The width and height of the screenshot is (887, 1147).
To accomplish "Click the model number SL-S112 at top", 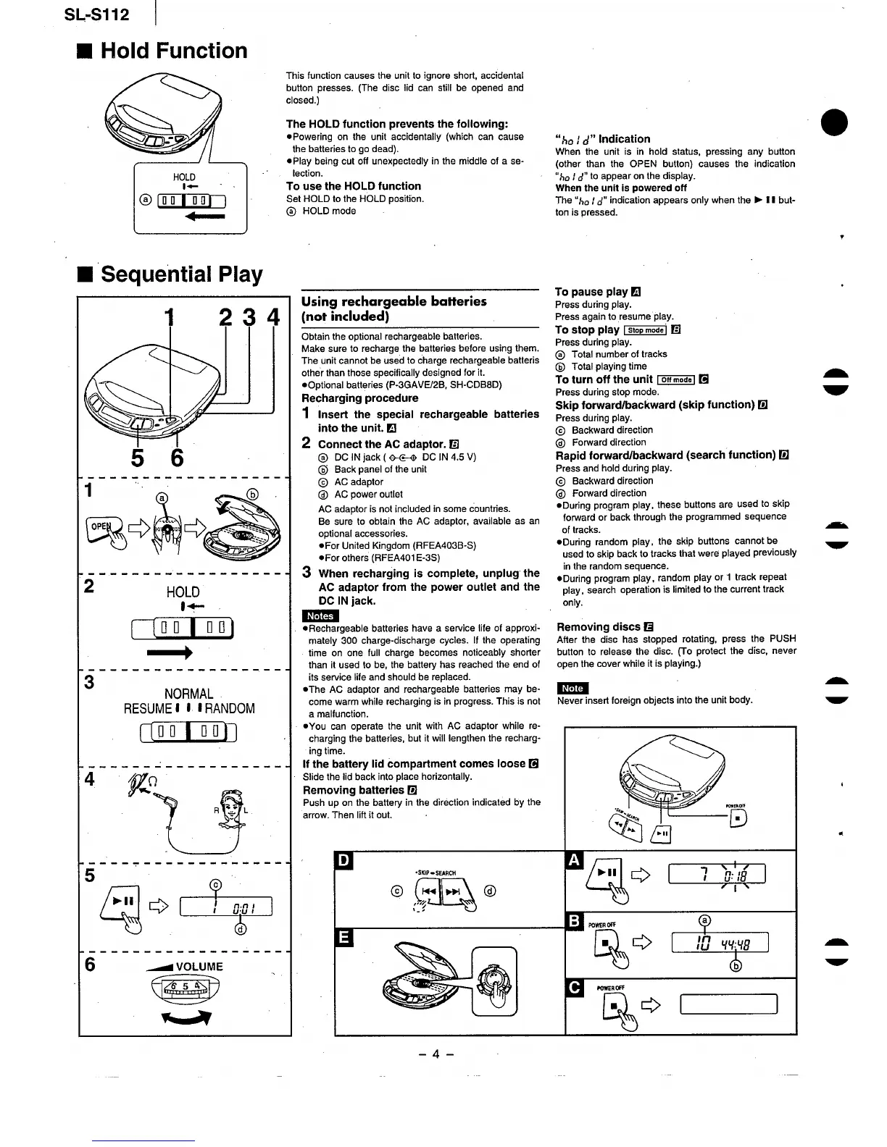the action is [x=96, y=14].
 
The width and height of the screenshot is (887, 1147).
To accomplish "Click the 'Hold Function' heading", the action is [x=173, y=51].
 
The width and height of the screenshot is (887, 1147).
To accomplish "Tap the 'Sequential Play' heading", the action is [x=181, y=274].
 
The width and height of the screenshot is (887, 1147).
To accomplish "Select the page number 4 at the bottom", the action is [x=436, y=1054].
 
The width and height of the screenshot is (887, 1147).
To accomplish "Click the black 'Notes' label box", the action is [x=320, y=615].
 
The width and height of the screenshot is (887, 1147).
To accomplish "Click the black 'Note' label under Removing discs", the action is [x=572, y=688].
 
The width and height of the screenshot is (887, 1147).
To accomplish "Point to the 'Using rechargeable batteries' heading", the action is [x=393, y=301].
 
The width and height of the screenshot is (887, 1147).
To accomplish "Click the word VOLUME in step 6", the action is [x=199, y=966].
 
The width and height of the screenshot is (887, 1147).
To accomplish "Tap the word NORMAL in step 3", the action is [x=188, y=694].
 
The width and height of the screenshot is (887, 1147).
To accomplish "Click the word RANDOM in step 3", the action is [x=230, y=708].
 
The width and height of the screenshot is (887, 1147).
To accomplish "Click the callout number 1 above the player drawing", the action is [x=170, y=317].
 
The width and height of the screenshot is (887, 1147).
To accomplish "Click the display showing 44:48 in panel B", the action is [x=720, y=943].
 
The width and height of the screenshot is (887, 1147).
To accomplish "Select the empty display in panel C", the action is [x=728, y=1004].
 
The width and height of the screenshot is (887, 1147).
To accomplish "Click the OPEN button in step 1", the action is [x=101, y=526].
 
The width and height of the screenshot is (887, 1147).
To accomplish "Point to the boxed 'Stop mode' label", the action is [x=646, y=330].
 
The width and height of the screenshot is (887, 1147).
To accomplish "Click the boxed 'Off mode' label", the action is [x=675, y=380].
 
